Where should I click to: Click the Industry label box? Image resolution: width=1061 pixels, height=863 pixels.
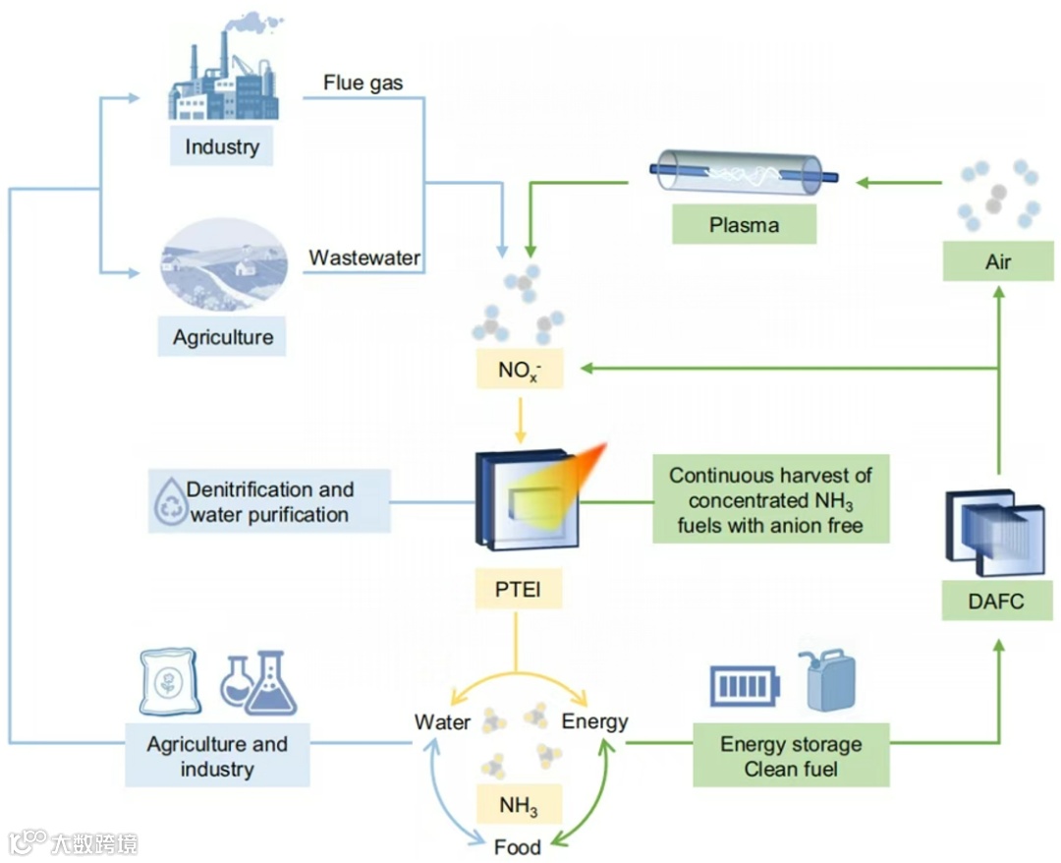coord(221,145)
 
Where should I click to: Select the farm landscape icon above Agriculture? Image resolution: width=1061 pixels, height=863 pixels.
coord(224,264)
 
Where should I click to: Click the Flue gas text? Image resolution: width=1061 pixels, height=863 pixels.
coord(363,83)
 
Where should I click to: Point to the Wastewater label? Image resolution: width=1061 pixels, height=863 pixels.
coord(364,258)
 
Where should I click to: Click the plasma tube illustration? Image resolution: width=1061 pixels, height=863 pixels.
coord(744,172)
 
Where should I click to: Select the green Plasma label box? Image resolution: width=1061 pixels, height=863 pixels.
coord(745,224)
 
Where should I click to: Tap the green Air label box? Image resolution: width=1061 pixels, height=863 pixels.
coord(998,261)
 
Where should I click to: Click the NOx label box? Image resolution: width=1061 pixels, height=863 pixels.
coord(520,369)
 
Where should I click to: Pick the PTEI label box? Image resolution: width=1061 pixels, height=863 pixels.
coord(519,589)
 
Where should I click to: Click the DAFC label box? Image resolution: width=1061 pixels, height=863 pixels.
coord(997,601)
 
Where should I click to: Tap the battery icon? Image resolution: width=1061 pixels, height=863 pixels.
coord(745,686)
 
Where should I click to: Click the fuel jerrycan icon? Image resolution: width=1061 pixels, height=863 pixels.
coord(827,680)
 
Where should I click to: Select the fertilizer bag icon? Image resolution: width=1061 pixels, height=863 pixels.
coord(169,681)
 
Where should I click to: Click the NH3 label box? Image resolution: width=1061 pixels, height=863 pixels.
coord(519,804)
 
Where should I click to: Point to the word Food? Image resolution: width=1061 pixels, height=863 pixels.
coord(518,846)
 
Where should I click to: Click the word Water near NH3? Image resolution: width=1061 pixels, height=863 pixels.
coord(442,721)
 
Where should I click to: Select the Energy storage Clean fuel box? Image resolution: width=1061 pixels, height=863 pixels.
coord(791,756)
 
